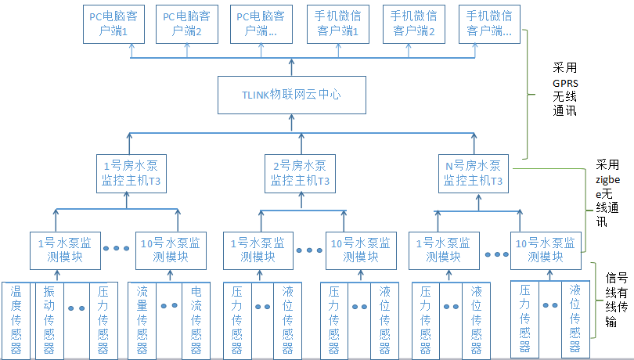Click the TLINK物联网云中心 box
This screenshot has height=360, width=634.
click(x=291, y=95)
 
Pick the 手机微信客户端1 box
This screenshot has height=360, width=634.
click(x=338, y=23)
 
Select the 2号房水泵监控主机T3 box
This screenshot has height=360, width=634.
click(x=300, y=173)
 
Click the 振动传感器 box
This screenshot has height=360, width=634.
click(x=49, y=319)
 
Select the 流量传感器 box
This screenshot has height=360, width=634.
click(x=142, y=319)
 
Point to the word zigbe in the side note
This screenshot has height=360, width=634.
click(x=607, y=179)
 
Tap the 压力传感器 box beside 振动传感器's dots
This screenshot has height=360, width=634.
click(x=103, y=319)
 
